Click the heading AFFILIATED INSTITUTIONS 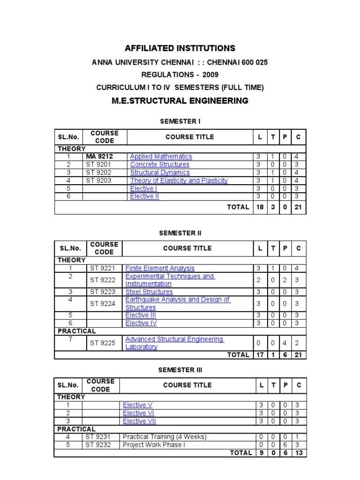tap(180, 48)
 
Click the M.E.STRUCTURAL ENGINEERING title tap(180, 101)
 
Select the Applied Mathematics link tap(161, 157)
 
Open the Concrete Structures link tap(159, 165)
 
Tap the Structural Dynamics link tap(160, 172)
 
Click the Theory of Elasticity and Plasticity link tap(179, 180)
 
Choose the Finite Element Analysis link tap(160, 268)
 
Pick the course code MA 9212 tap(99, 157)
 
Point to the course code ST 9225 tap(102, 343)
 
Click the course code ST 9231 tap(98, 436)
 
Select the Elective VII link tap(139, 421)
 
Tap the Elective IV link tap(141, 323)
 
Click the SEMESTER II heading tap(180, 233)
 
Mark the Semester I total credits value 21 tap(298, 207)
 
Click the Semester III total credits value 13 tap(299, 452)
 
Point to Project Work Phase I tap(152, 444)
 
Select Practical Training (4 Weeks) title tap(164, 436)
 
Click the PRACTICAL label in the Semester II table tap(76, 331)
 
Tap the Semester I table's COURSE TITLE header tap(189, 137)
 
